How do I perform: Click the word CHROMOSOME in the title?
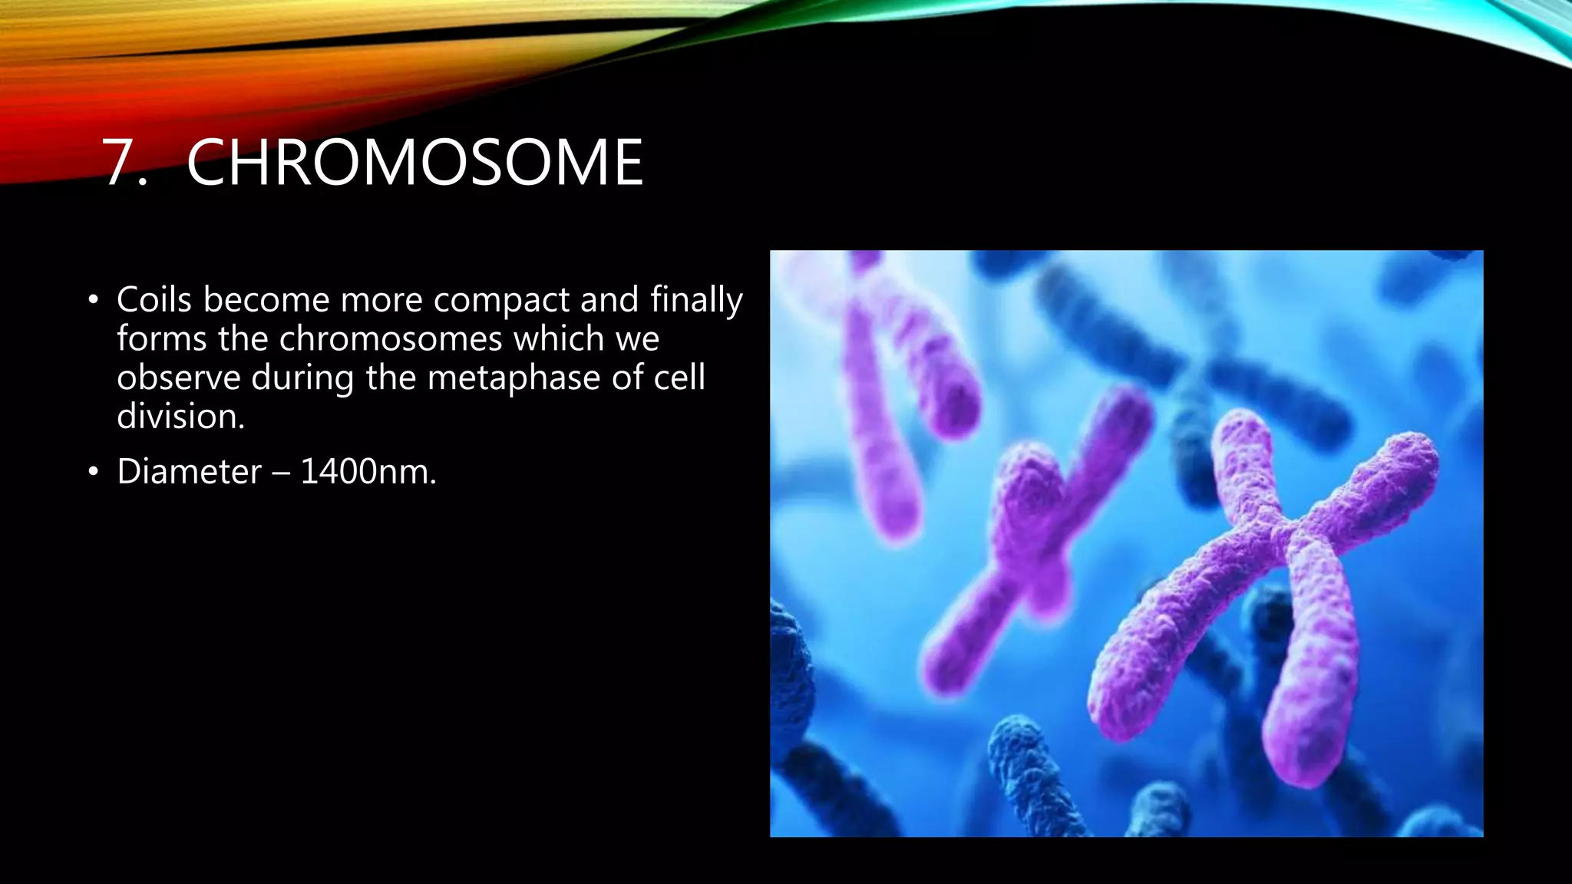click(x=414, y=163)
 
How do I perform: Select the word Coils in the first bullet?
click(x=154, y=299)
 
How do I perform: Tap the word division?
click(x=180, y=417)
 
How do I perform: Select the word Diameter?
click(x=189, y=472)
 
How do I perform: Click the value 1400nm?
click(x=368, y=472)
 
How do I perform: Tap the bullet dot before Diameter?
click(x=93, y=472)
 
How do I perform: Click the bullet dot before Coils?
click(x=93, y=300)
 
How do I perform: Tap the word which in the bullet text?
click(x=559, y=339)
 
